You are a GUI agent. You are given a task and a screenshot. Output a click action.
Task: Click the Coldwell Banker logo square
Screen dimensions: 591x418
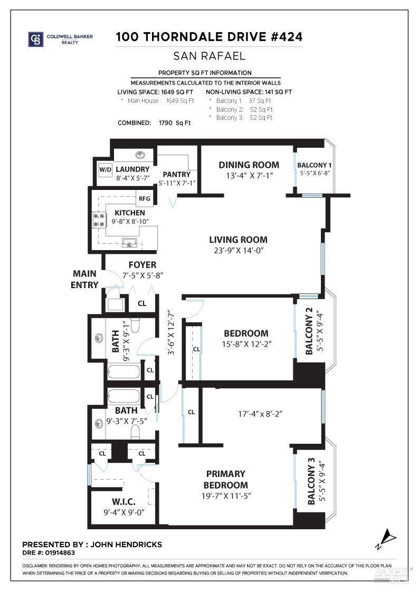click(36, 39)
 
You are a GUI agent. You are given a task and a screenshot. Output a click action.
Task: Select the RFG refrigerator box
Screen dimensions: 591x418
click(144, 198)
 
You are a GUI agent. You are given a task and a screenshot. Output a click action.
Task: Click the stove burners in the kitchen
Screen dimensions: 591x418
click(99, 219)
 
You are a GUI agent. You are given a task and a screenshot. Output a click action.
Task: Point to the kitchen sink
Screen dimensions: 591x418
click(129, 243)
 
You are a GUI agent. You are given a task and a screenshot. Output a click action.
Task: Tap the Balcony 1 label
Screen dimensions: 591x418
click(315, 165)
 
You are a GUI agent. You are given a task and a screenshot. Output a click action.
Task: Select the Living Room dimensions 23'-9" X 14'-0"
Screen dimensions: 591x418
click(238, 251)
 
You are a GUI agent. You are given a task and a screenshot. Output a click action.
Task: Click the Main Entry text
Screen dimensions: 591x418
click(85, 279)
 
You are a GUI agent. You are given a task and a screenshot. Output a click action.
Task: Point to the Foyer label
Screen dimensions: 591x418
click(142, 264)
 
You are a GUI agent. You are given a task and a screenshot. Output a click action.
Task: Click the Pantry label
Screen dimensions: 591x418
click(176, 174)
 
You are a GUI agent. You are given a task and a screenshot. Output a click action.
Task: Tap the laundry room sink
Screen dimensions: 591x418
click(140, 155)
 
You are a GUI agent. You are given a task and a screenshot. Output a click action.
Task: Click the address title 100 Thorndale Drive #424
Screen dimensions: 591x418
click(210, 37)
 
